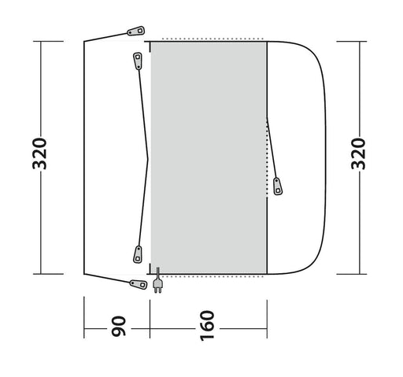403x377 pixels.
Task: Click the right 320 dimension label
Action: click(x=359, y=158)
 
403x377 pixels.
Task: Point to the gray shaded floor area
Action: click(x=209, y=157)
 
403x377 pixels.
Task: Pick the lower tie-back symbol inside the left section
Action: click(x=136, y=254)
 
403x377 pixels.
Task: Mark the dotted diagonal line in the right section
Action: click(x=272, y=150)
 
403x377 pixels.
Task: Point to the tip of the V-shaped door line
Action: click(x=148, y=157)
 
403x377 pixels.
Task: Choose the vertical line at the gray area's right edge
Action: click(x=268, y=157)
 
